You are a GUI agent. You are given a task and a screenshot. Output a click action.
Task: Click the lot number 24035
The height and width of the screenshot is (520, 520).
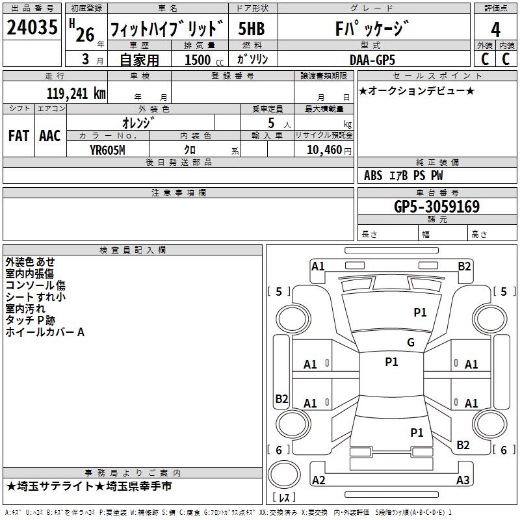32,28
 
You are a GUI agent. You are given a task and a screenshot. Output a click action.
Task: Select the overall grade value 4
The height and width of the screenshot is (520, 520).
495,29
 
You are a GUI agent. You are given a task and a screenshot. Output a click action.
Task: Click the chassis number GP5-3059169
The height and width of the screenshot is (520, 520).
437,207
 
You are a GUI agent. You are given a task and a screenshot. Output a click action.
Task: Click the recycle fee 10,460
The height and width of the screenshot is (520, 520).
322,149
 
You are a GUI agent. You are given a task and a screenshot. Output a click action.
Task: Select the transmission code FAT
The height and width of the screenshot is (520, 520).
18,135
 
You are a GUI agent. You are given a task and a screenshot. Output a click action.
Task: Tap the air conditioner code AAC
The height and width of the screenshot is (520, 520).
50,135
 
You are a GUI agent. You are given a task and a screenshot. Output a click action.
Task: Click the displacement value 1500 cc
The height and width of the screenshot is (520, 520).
202,60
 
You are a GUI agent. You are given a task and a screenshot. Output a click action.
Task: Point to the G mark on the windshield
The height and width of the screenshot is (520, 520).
410,343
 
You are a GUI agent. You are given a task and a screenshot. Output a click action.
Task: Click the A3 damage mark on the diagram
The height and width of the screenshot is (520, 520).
462,480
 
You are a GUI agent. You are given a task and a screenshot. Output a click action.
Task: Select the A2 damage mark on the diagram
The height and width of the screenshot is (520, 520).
318,480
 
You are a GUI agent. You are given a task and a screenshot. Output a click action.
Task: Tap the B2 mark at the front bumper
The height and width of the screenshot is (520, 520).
464,265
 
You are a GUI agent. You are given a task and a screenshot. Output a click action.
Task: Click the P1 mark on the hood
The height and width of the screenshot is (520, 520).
420,313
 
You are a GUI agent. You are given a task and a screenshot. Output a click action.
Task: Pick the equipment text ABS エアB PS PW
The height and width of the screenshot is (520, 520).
404,175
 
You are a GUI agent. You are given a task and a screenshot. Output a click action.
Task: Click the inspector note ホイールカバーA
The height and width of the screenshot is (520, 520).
45,332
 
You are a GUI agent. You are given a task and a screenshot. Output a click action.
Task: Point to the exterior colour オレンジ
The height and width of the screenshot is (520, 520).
140,122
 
